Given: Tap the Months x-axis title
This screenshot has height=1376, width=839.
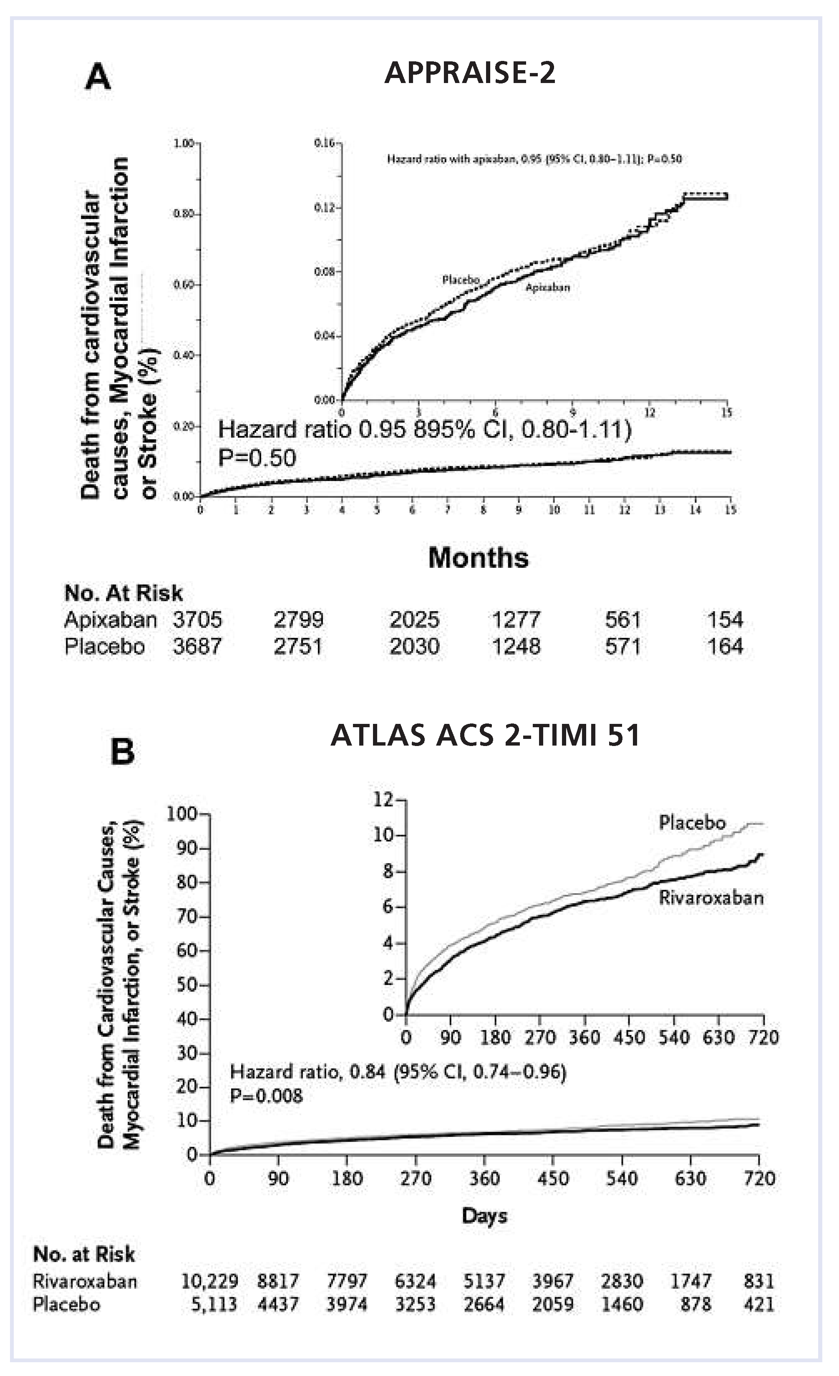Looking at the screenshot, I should [478, 558].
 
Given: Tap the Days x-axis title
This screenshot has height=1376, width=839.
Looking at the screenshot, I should [484, 1216].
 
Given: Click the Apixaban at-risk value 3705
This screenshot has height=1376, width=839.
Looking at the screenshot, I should [197, 620].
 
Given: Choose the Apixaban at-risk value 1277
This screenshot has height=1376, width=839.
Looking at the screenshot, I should [516, 620].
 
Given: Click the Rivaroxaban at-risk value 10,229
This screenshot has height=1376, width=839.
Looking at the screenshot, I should [209, 1280].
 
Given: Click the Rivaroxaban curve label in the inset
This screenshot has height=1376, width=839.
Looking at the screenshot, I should [711, 897].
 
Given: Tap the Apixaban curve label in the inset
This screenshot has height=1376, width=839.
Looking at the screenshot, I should [547, 287].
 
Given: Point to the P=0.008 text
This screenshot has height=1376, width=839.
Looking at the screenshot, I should [267, 1096].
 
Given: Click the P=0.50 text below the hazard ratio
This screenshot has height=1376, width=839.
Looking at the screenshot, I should [257, 458].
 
